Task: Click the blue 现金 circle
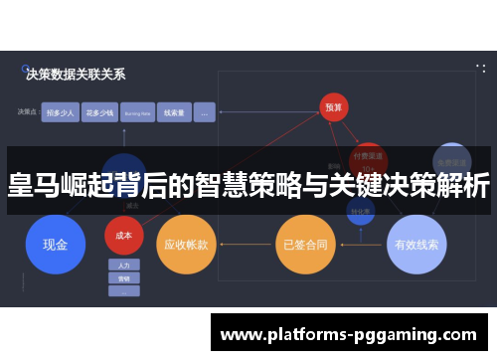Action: tap(55, 243)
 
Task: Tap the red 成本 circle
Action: tap(124, 236)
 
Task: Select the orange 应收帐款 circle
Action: tap(185, 243)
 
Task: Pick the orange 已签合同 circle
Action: tap(303, 243)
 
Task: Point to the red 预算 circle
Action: tap(335, 107)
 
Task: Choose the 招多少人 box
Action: tap(59, 113)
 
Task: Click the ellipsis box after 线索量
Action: tap(204, 113)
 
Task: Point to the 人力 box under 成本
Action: tap(124, 266)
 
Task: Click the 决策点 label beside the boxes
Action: tap(28, 113)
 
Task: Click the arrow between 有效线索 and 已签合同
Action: tap(360, 243)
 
